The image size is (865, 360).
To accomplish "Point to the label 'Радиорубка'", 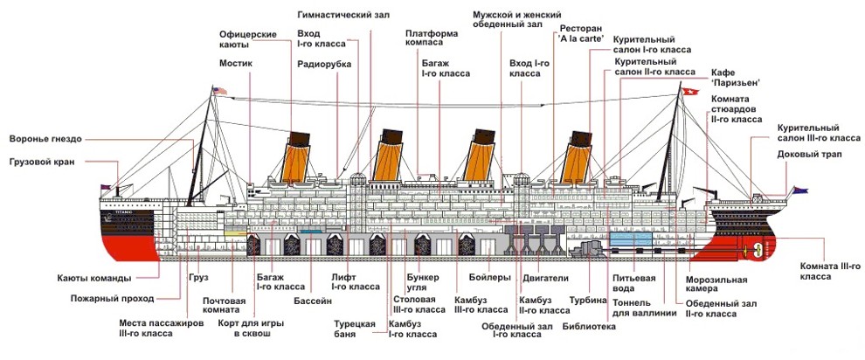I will coord(323,64).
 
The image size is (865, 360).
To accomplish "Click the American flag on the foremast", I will coord(220,91).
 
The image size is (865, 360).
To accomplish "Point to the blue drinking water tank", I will coord(629,237).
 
